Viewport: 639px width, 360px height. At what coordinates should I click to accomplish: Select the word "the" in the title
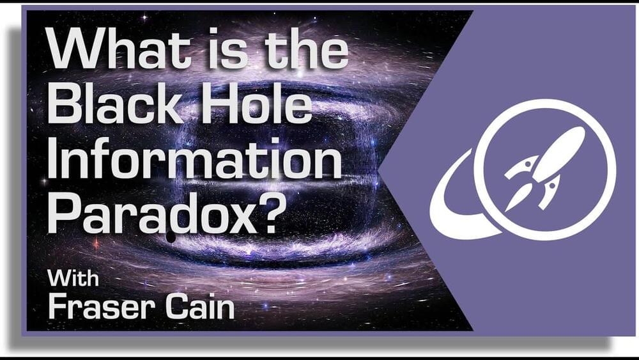click(x=306, y=48)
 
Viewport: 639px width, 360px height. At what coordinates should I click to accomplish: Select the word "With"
click(x=73, y=278)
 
